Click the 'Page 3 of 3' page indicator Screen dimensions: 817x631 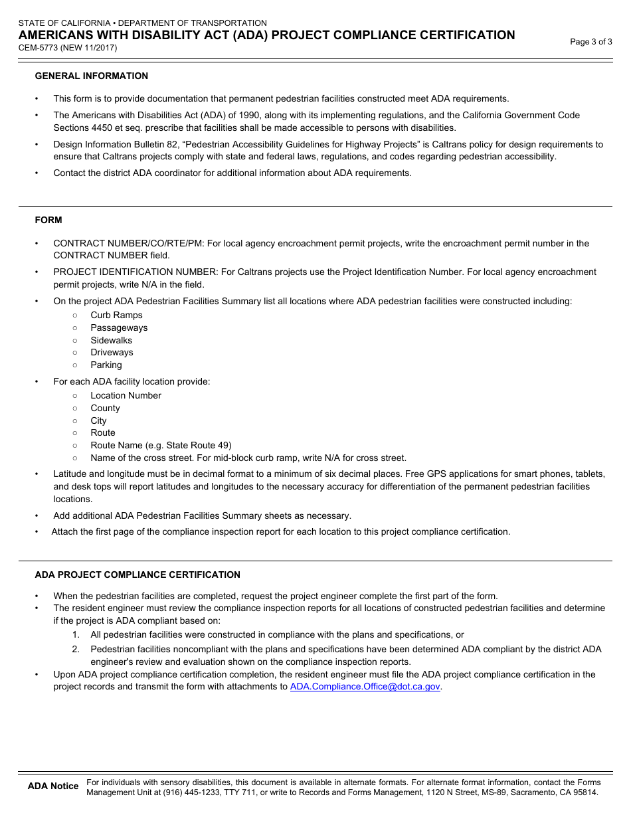click(591, 42)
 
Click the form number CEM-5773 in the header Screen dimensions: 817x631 click(41, 48)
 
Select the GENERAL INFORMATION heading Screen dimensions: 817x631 click(92, 76)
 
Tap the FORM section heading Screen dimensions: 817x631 click(48, 220)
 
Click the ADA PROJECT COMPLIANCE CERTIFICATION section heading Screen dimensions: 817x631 click(137, 575)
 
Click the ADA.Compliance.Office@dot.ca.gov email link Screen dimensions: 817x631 click(365, 687)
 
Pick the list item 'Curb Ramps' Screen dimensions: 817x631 click(116, 315)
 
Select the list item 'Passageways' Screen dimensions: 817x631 click(119, 327)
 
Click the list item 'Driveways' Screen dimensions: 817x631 click(112, 352)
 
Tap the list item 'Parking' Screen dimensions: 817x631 click(106, 365)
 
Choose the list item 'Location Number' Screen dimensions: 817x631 click(126, 395)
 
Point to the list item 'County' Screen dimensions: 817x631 click(105, 408)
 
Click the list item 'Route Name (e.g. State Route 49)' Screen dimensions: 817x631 click(161, 445)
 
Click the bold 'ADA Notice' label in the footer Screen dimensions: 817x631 click(53, 786)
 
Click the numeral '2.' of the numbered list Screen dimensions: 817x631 click(76, 649)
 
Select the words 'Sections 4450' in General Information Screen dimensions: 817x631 click(82, 128)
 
